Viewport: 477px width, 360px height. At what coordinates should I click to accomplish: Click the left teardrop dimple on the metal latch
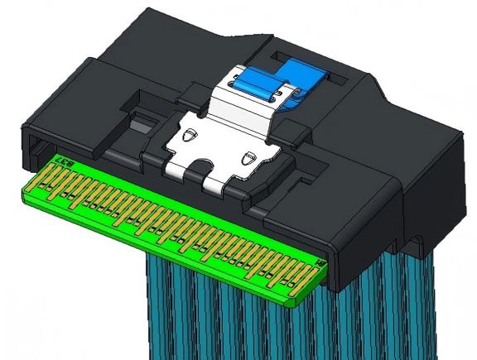pyautogui.click(x=190, y=134)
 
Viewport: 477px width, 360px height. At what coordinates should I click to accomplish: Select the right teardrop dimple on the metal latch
pyautogui.click(x=248, y=156)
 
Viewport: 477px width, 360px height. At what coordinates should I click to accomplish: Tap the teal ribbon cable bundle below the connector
pyautogui.click(x=273, y=323)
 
